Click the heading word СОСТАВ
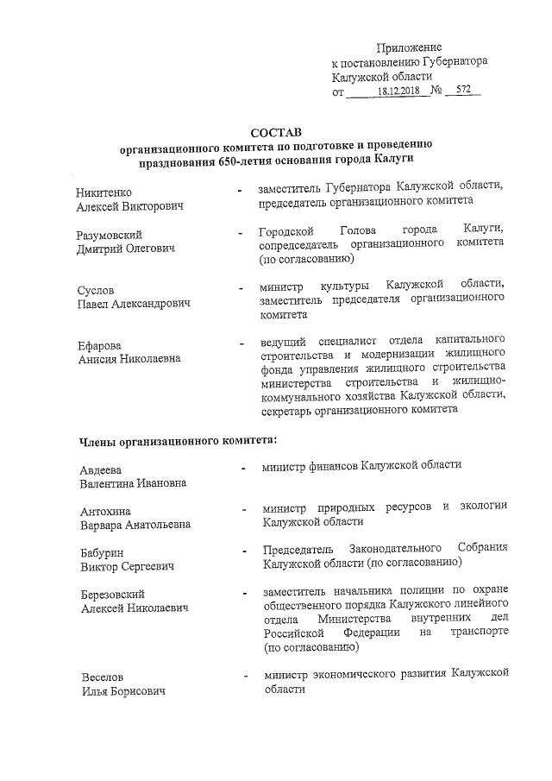[276, 133]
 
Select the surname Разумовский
[110, 235]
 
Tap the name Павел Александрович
[133, 304]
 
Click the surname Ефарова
[100, 346]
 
